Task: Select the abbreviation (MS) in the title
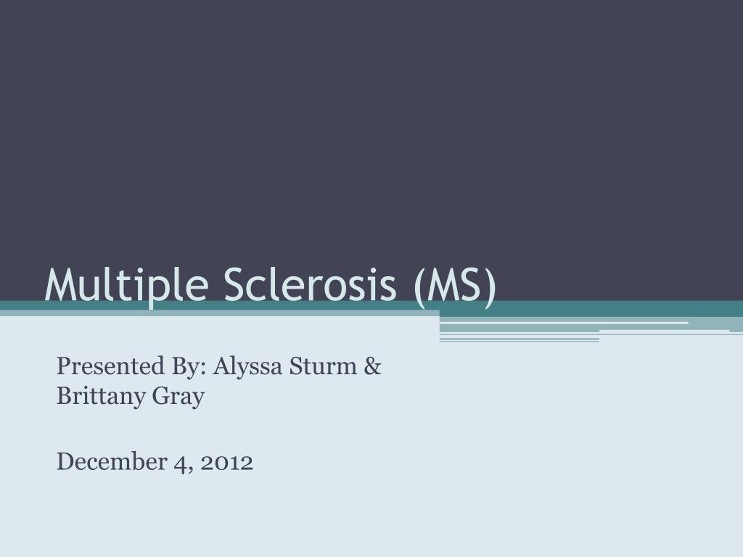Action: pos(456,284)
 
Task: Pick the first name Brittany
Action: pos(97,397)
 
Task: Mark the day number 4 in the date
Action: pos(178,462)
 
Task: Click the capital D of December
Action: pos(64,461)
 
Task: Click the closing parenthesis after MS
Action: pos(491,284)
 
